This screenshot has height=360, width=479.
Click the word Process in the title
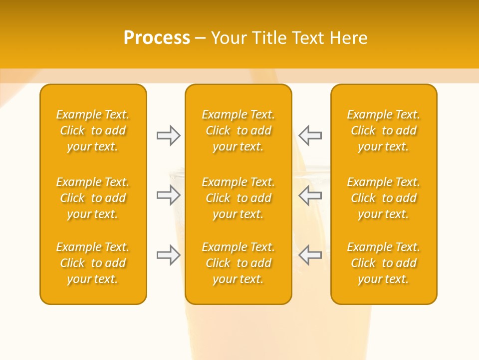point(157,38)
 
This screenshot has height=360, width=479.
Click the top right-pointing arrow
point(168,135)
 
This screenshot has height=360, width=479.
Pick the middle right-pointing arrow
point(168,195)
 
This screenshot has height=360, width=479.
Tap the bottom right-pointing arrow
point(168,255)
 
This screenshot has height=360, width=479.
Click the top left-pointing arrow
point(310,135)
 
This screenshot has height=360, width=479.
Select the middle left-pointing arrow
point(310,195)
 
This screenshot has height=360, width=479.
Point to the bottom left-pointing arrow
point(310,255)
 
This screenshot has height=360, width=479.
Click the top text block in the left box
point(93,130)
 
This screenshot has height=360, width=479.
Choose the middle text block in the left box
point(93,198)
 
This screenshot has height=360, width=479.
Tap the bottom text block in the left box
point(93,263)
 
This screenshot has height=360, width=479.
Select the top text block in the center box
point(238,130)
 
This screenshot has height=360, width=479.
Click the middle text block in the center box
point(238,198)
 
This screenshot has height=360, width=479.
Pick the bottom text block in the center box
point(238,263)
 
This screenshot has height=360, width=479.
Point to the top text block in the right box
point(383,130)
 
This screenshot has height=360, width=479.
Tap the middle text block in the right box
point(383,198)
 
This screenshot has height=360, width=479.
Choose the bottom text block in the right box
point(383,263)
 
